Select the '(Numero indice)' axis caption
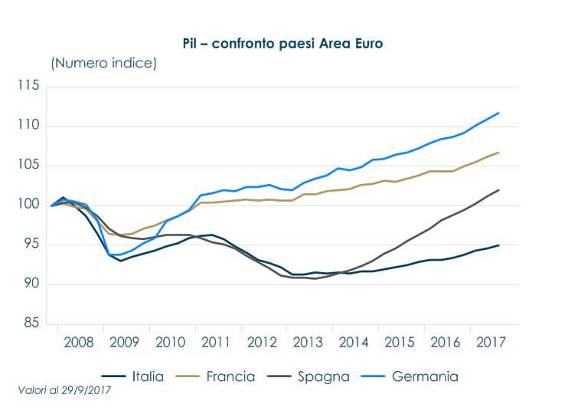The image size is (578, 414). point(103,63)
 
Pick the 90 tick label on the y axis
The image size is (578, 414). point(31,284)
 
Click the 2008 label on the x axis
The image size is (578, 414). point(80,341)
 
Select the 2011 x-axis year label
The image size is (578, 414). point(217,341)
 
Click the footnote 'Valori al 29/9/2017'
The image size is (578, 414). point(66,392)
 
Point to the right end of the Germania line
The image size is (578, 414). point(499,113)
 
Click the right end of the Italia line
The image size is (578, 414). point(499,245)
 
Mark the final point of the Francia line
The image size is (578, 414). point(499,153)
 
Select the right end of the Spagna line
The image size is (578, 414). point(499,189)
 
